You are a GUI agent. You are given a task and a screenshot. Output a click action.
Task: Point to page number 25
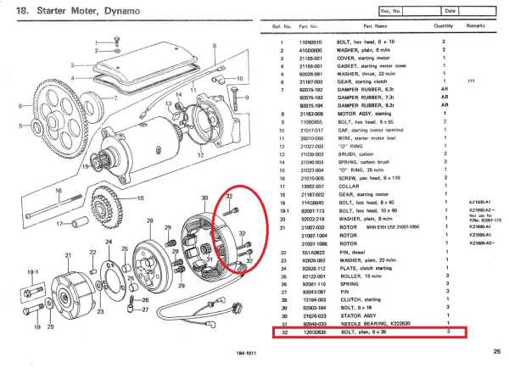coord(495,352)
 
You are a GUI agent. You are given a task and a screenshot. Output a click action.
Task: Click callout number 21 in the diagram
coord(68,254)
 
